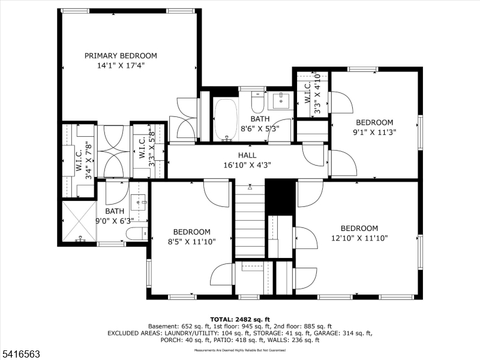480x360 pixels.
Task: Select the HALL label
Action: click(247, 155)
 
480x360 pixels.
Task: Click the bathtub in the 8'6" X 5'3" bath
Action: click(226, 118)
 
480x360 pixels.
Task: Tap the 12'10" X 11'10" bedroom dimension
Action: click(359, 238)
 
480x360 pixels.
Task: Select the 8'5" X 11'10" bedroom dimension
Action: click(191, 242)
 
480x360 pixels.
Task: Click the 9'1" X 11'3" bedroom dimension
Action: click(373, 132)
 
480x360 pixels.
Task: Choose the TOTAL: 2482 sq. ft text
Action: click(240, 319)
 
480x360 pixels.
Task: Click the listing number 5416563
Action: click(20, 355)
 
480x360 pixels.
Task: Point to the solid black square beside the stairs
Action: click(280, 197)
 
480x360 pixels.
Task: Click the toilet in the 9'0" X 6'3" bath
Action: click(135, 233)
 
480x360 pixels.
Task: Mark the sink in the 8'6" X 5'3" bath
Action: click(279, 99)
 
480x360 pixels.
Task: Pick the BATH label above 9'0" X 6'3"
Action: click(115, 211)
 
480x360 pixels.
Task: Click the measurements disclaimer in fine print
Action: click(239, 349)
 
